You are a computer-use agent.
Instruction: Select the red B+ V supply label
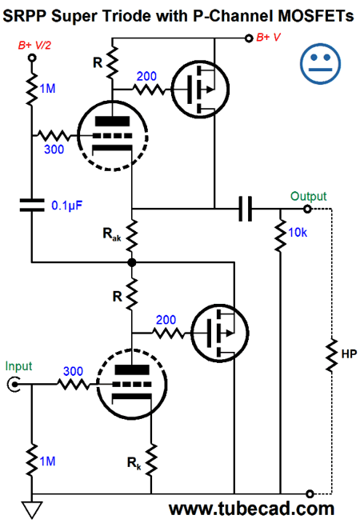[x=273, y=36]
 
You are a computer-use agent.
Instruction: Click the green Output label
[x=308, y=196]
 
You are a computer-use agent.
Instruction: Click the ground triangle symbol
[x=31, y=509]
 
